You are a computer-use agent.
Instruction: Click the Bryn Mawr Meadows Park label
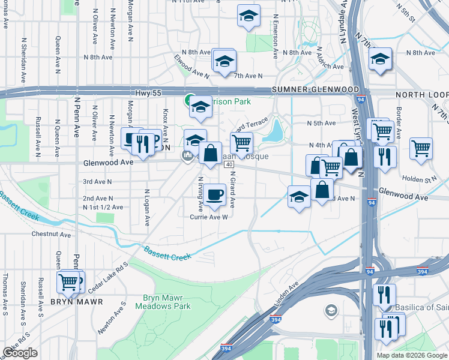pos(167,302)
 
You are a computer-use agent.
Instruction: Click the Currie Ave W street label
pos(208,217)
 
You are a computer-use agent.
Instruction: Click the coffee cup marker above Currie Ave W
pos(214,194)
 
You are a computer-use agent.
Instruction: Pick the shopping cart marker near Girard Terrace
pos(241,143)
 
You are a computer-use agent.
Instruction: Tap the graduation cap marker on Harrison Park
pos(200,107)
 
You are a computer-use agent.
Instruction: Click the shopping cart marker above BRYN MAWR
pos(69,281)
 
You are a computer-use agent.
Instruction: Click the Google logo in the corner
pos(20,353)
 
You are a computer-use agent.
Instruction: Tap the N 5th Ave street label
pos(321,123)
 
